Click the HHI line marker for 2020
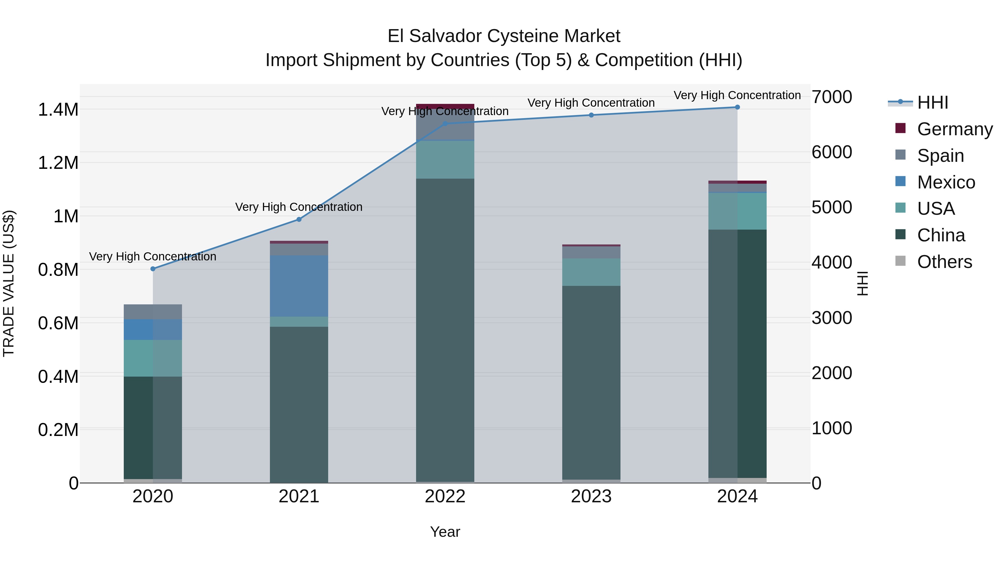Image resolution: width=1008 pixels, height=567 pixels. (153, 269)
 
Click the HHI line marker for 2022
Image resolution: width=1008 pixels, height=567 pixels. (445, 124)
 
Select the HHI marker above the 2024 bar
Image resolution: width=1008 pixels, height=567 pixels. (737, 107)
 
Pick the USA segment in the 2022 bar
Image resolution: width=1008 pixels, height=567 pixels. (445, 160)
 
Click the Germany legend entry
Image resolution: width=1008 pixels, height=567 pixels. (955, 129)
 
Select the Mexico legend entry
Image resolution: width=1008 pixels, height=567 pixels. (946, 182)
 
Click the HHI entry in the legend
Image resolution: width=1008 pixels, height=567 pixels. (932, 102)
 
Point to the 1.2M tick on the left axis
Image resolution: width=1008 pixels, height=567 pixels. (58, 163)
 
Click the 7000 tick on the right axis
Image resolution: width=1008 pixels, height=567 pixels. (832, 97)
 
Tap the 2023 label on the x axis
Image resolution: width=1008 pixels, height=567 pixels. (591, 496)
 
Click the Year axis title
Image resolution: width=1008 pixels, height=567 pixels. (445, 532)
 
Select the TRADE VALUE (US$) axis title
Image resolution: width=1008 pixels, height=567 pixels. (9, 283)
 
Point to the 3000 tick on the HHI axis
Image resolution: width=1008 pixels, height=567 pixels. (832, 318)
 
